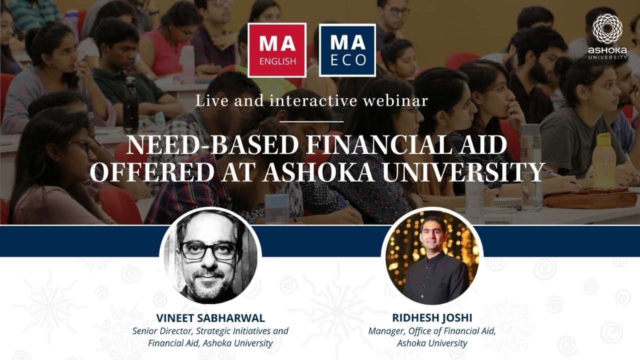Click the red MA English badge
coord(277,50)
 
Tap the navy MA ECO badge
coord(347,50)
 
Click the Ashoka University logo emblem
coord(607,28)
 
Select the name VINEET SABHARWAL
coord(210,318)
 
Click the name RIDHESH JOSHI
coord(432,318)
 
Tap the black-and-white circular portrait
coord(210,256)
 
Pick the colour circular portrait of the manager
coord(432,256)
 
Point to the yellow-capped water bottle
coord(604,160)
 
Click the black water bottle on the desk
coord(131,105)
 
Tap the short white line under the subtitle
coord(311,121)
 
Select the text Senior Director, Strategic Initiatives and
coord(210,331)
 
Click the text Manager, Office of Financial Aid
coord(432,331)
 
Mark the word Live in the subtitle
coord(208,101)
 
